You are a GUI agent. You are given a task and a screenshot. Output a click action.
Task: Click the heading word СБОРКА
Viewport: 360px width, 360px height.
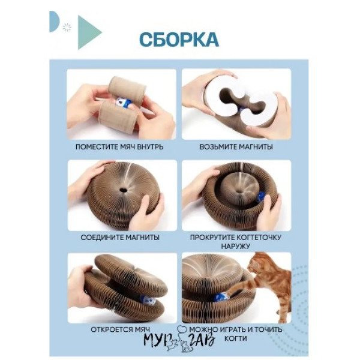[x=179, y=40]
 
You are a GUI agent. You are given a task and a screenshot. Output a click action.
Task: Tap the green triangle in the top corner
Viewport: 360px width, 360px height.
[x=88, y=32]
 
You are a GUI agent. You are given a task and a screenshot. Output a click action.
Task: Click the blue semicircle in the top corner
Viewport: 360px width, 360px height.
[x=54, y=22]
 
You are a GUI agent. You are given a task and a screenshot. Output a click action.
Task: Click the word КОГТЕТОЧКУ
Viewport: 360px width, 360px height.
[x=259, y=237]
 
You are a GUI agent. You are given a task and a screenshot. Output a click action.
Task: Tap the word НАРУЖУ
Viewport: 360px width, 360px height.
[x=236, y=246]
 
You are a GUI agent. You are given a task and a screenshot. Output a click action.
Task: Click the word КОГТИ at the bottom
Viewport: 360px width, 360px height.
[x=236, y=338]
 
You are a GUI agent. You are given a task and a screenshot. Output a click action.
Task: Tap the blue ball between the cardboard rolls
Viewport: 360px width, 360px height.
[x=122, y=103]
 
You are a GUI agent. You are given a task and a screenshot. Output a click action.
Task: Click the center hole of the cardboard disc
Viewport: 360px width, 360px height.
[x=123, y=190]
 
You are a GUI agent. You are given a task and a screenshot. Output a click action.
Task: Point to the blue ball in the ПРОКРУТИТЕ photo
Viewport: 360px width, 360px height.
[x=260, y=197]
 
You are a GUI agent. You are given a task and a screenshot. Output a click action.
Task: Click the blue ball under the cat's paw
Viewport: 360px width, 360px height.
[x=221, y=296]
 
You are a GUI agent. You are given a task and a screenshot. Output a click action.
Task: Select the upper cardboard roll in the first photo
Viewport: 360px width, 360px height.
[x=127, y=88]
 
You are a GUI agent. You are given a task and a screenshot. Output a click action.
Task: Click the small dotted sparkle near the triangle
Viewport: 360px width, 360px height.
[x=67, y=27]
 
